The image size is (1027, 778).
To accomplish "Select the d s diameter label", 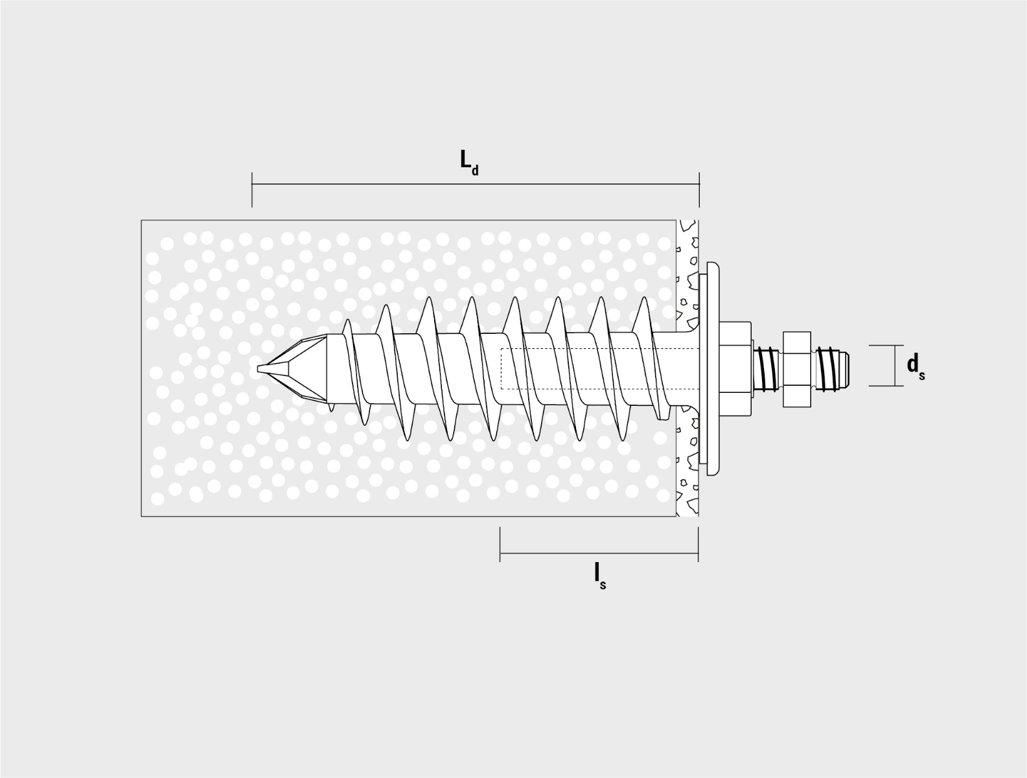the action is pos(916,366).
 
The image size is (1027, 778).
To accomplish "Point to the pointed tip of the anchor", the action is pos(259,369).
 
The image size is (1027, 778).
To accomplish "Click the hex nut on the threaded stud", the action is pos(796,370).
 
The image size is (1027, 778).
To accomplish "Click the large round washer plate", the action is pos(713,369).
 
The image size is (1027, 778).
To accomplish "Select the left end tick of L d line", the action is pos(252,189).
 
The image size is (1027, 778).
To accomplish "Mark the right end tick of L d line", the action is pos(700,189).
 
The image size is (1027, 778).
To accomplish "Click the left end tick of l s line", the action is pos(500,545).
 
